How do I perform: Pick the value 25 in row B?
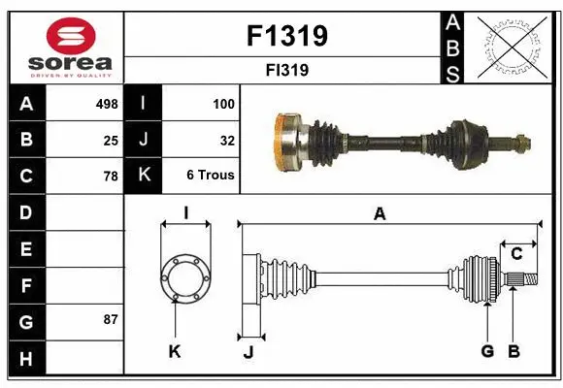[x=111, y=141]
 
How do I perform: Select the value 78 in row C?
[x=111, y=177]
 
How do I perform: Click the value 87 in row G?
[x=111, y=319]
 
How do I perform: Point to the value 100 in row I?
[x=223, y=104]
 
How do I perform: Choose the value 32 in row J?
[x=227, y=141]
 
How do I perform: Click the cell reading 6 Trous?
[x=211, y=176]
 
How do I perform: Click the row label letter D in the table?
[x=26, y=211]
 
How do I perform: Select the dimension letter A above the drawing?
[x=381, y=214]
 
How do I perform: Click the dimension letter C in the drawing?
[x=516, y=254]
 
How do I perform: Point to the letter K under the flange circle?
[x=175, y=351]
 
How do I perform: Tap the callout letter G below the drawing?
[x=487, y=351]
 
